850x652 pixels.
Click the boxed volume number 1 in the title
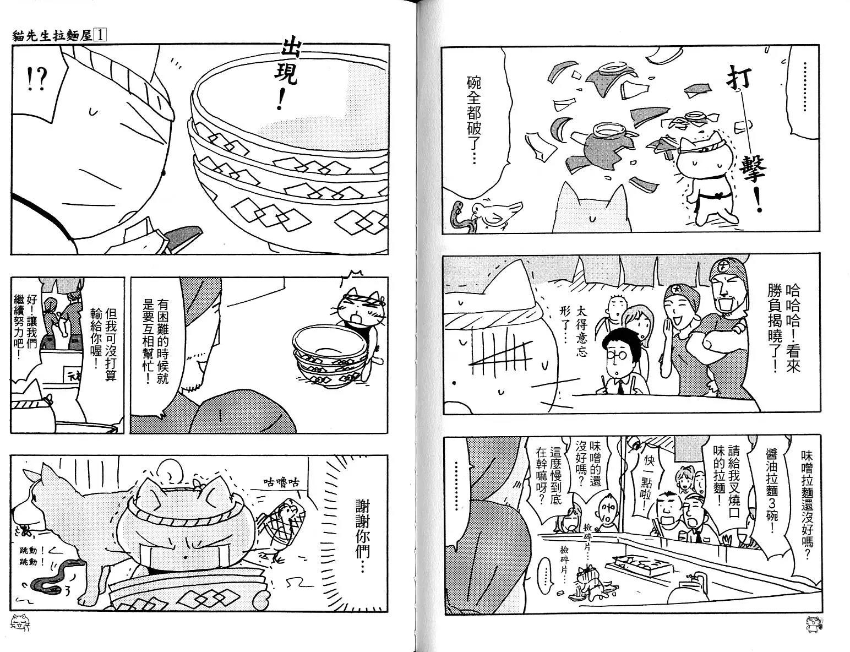[101, 36]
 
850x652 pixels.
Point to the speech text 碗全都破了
[473, 119]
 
